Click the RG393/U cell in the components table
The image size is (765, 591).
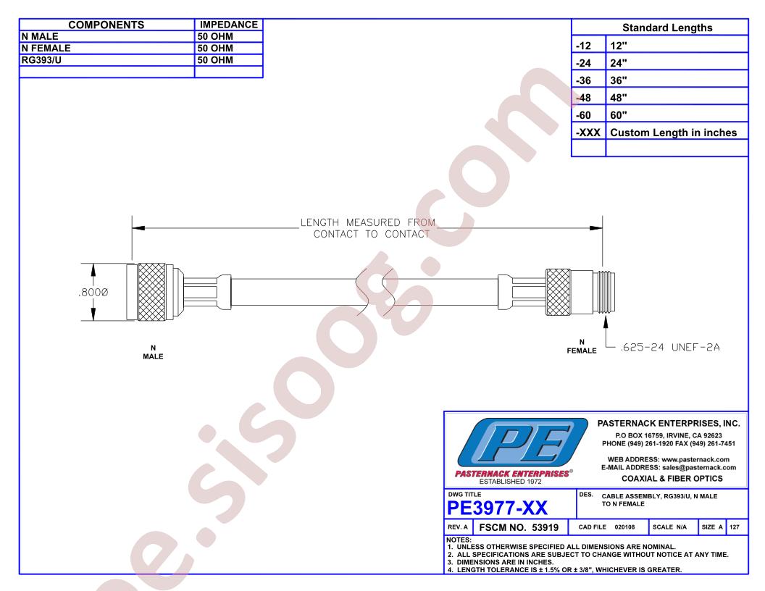point(41,60)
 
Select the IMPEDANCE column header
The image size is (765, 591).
point(229,25)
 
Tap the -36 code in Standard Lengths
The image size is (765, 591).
point(583,80)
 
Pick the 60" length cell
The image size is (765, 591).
point(619,115)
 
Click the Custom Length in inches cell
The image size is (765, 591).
point(673,133)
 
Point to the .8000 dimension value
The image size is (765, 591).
point(93,292)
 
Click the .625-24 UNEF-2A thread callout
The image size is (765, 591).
point(670,347)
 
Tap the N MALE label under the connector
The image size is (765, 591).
point(153,352)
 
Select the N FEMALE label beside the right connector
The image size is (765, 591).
point(582,346)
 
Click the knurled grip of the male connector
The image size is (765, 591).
point(151,292)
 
